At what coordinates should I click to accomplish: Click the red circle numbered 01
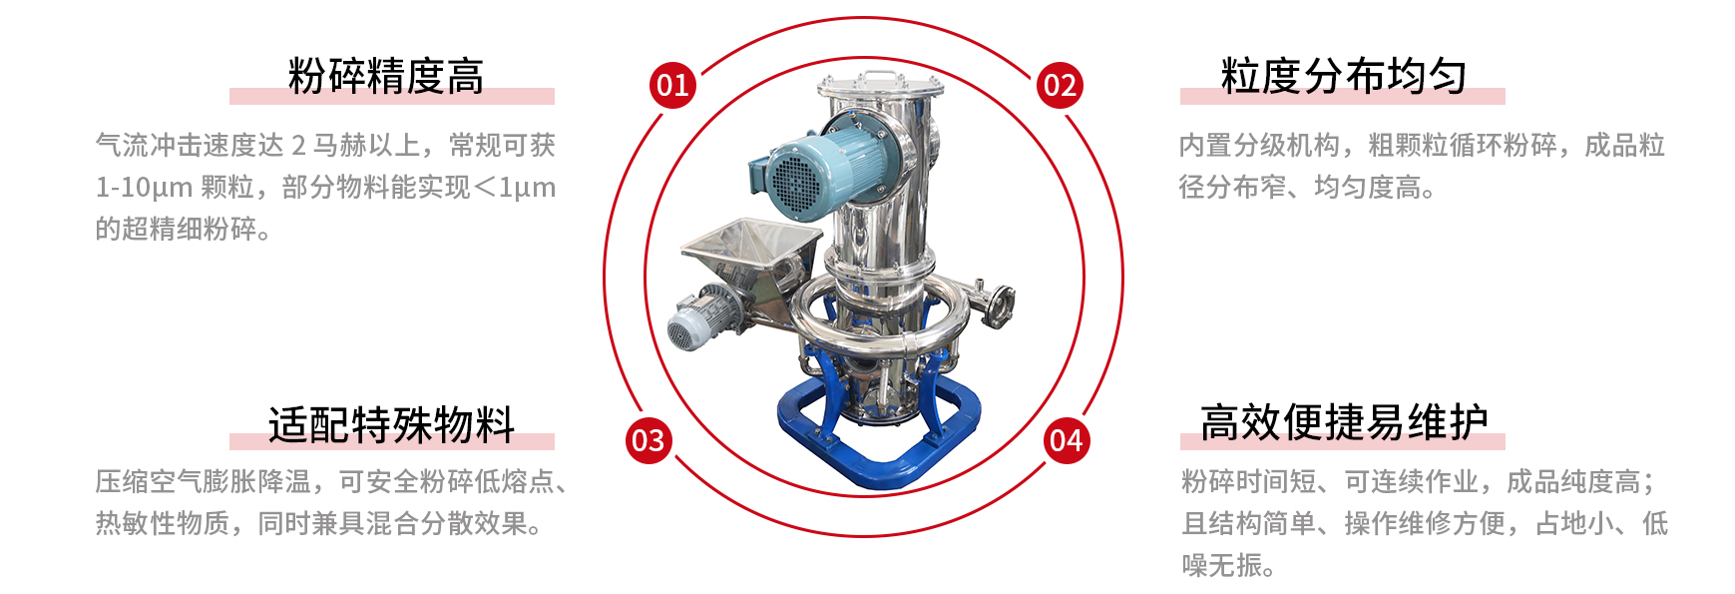(x=672, y=85)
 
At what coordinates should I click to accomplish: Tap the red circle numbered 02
(x=1060, y=85)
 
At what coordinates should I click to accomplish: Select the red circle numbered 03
(x=649, y=440)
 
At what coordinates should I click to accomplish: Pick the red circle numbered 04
(x=1067, y=440)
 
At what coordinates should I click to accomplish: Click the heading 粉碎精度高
(x=386, y=76)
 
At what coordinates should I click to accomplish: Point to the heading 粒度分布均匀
(x=1344, y=76)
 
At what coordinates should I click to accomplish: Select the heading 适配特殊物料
(x=391, y=424)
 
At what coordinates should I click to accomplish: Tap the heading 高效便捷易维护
(x=1344, y=422)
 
